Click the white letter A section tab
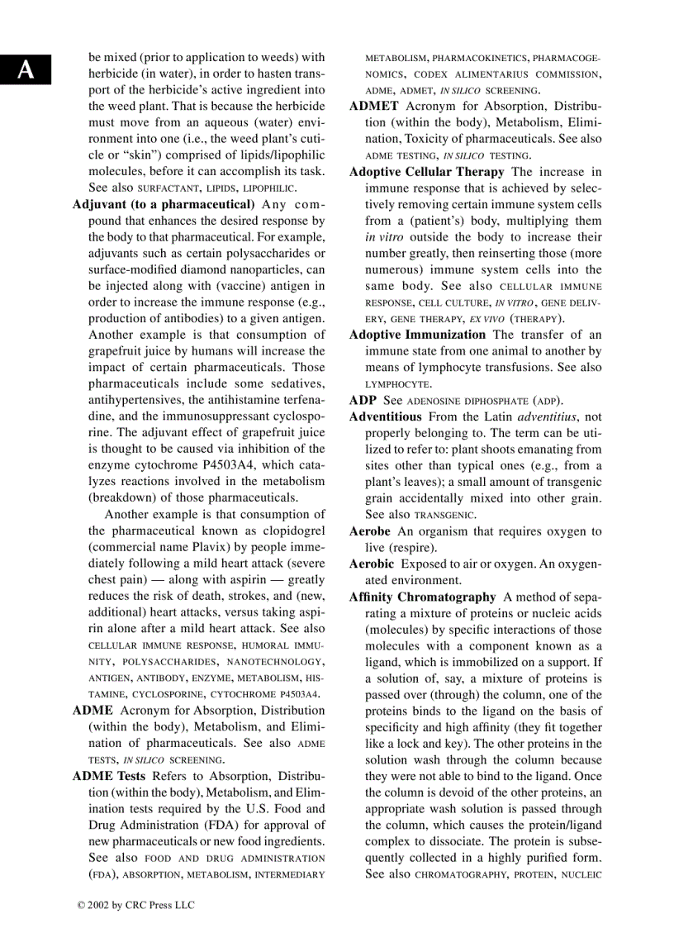coord(26,69)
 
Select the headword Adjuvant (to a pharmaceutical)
coord(164,204)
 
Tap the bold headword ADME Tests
coord(109,776)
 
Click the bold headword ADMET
coord(374,107)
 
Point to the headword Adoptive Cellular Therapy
coord(426,172)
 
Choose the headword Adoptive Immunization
coord(417,335)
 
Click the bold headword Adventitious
coord(385,416)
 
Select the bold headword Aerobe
coord(370,531)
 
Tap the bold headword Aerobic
coord(371,564)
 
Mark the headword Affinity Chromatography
coord(422,597)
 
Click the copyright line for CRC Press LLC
coord(135,905)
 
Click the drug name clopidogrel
coord(292,531)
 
